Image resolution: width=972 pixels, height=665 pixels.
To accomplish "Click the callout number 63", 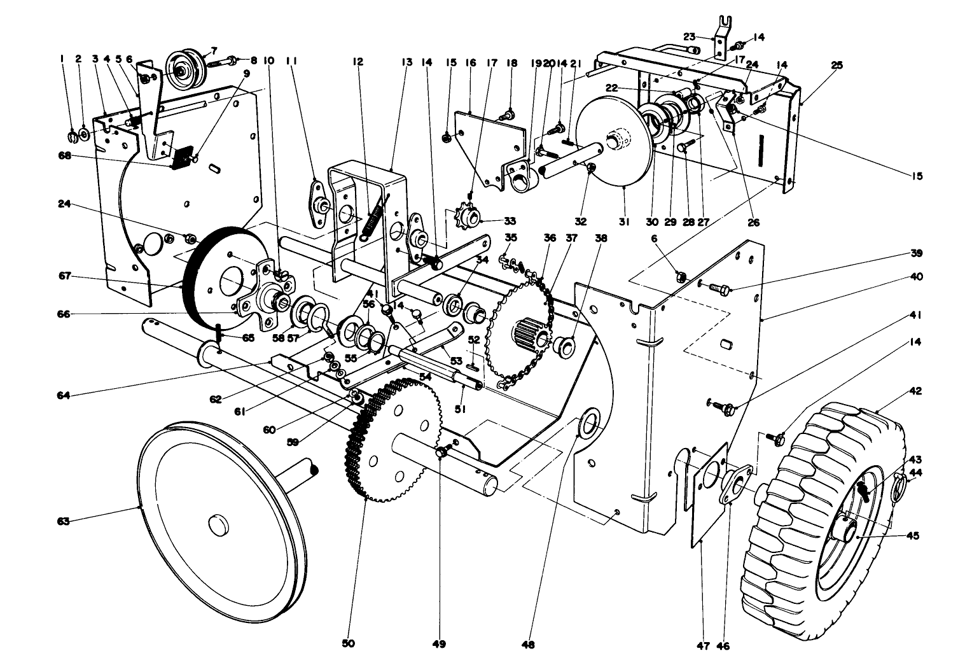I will [x=62, y=521].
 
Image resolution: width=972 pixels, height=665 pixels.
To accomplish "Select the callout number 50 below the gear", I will [x=348, y=644].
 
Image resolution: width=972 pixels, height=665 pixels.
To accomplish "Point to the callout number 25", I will [x=837, y=64].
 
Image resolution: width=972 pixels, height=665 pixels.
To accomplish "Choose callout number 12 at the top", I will [x=358, y=62].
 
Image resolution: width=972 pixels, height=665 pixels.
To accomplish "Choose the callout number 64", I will [x=62, y=396].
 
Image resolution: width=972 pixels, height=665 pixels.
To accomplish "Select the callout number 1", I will [x=62, y=59].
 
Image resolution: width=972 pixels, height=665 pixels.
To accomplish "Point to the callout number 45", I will [x=912, y=536].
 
